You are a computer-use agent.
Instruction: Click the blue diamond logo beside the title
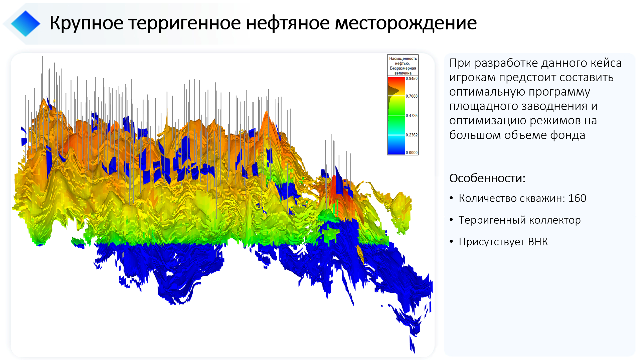[x=25, y=23]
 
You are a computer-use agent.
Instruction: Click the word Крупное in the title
[x=87, y=23]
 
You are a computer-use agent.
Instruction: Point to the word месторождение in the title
[x=406, y=23]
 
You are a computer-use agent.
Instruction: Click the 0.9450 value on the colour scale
[x=412, y=79]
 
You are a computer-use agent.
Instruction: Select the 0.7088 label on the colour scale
[x=412, y=96]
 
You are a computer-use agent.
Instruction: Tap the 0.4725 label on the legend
[x=412, y=115]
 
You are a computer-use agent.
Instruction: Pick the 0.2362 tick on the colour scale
[x=412, y=135]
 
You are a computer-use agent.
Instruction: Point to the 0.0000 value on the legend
[x=412, y=153]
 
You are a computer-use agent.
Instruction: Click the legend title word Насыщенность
[x=403, y=58]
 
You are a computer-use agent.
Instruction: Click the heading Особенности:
[x=487, y=178]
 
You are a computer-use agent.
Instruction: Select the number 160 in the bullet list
[x=577, y=198]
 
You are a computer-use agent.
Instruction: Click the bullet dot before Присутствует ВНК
[x=451, y=241]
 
